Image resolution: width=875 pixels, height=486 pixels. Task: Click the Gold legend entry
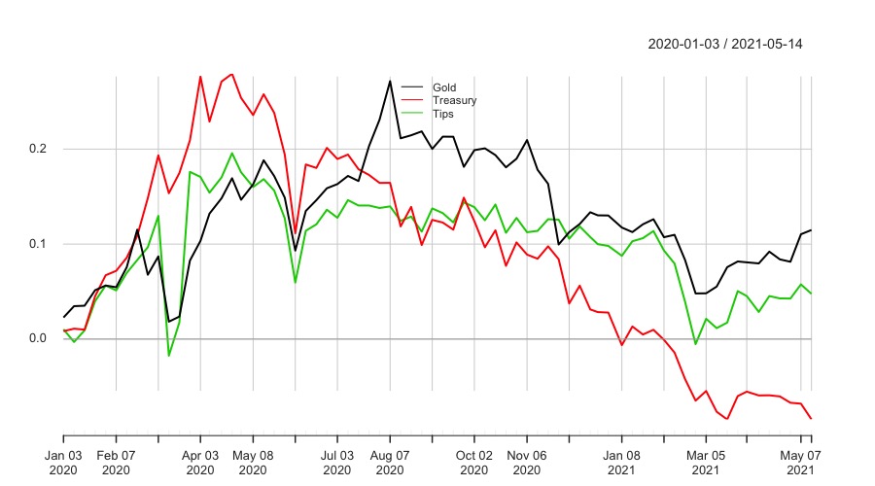(444, 87)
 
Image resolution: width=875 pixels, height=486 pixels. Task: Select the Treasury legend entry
(454, 100)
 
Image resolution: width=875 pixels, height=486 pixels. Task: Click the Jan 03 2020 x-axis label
(64, 462)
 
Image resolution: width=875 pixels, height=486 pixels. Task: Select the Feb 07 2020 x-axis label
(116, 462)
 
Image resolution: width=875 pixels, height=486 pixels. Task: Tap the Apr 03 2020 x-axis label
(200, 462)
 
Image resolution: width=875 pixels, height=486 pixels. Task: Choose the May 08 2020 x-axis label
(253, 462)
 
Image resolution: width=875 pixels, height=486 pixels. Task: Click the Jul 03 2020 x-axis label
(337, 462)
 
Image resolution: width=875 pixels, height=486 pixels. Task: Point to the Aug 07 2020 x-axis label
(390, 462)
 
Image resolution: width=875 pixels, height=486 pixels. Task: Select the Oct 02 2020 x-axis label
(474, 462)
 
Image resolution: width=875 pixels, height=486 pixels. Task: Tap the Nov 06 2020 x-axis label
(527, 462)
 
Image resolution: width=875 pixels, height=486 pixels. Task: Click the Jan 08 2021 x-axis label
(621, 462)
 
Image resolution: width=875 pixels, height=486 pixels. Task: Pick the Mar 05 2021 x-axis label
(706, 462)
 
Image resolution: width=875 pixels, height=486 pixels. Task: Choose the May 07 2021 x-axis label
(799, 462)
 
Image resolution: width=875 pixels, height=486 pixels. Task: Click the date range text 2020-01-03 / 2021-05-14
(724, 44)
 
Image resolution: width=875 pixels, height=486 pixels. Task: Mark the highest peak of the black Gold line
(390, 81)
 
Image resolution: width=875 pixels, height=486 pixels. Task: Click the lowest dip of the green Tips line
(169, 356)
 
